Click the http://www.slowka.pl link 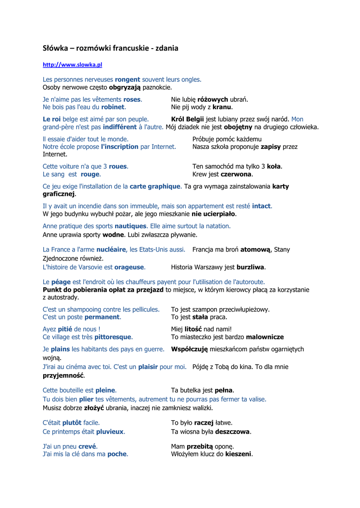click(72, 64)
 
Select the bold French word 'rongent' click(128, 79)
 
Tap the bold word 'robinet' click(113, 107)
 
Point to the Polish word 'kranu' click(222, 107)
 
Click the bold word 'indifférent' click(120, 127)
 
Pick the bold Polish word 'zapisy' click(271, 147)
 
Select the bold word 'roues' click(118, 167)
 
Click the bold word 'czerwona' click(236, 174)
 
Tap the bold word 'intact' click(262, 206)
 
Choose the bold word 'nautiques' click(131, 226)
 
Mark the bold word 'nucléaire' click(112, 250)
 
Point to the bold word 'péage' click(61, 282)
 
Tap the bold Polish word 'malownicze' click(265, 337)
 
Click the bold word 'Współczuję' click(189, 349)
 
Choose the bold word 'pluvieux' click(110, 432)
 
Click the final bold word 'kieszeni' click(239, 454)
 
